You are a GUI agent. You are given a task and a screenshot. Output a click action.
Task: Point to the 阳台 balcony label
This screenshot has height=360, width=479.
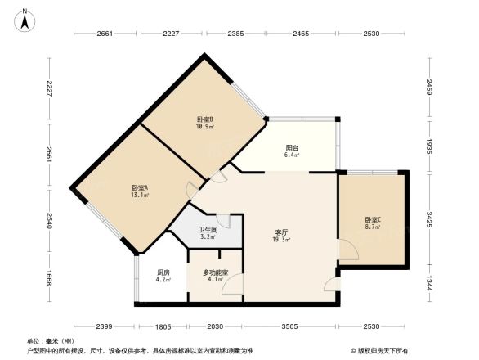pyautogui.click(x=291, y=146)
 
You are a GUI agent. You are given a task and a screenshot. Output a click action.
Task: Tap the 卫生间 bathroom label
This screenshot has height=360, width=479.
pyautogui.click(x=208, y=231)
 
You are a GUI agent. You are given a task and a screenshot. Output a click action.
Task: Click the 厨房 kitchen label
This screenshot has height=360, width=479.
pyautogui.click(x=163, y=272)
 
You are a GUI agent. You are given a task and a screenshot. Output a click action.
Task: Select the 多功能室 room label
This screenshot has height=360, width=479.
pyautogui.click(x=215, y=272)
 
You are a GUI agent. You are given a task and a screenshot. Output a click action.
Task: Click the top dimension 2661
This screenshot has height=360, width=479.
pyautogui.click(x=104, y=34)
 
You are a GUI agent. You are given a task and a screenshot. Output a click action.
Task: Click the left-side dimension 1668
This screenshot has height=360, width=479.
pyautogui.click(x=49, y=280)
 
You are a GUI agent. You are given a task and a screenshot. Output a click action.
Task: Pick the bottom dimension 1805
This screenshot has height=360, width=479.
pyautogui.click(x=164, y=327)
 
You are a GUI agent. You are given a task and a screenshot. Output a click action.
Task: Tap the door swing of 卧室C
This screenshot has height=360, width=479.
pyautogui.click(x=347, y=250)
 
